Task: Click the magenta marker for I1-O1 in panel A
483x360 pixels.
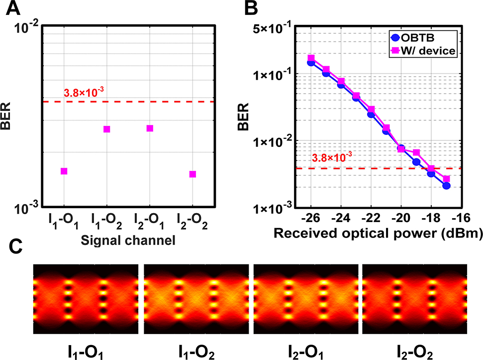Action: pyautogui.click(x=64, y=171)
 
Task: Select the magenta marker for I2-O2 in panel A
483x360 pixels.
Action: pyautogui.click(x=193, y=174)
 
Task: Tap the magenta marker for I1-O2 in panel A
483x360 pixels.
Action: pyautogui.click(x=106, y=129)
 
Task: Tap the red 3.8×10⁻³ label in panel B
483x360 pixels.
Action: pyautogui.click(x=332, y=158)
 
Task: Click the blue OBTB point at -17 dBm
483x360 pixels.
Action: pyautogui.click(x=446, y=186)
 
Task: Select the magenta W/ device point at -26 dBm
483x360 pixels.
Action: pyautogui.click(x=311, y=58)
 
